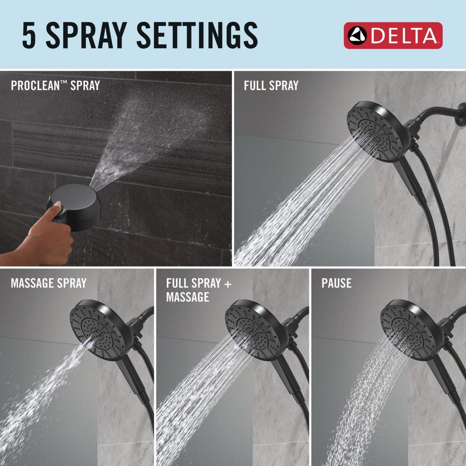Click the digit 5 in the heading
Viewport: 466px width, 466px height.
tap(29, 35)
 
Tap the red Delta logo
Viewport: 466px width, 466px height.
tap(393, 35)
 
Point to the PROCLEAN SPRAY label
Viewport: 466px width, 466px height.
tap(55, 86)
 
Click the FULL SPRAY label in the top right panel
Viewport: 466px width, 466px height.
tap(271, 85)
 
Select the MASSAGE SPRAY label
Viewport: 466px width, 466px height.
tap(48, 283)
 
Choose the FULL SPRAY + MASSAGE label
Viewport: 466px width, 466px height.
tap(199, 290)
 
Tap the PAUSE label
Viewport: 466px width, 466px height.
tap(336, 283)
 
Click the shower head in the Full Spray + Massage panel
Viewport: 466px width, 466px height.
tap(252, 326)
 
